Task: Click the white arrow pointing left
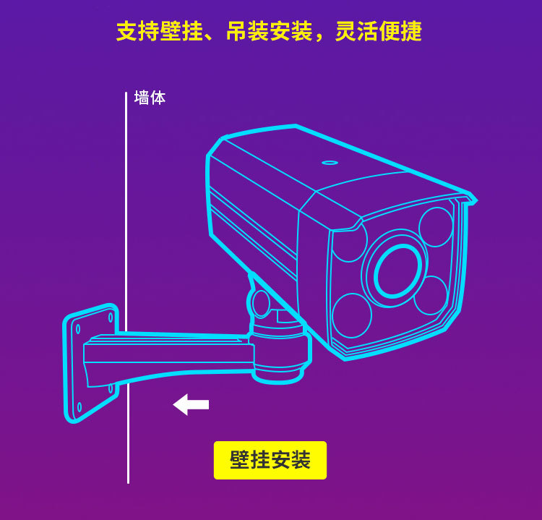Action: pyautogui.click(x=191, y=404)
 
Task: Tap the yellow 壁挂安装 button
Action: pyautogui.click(x=270, y=460)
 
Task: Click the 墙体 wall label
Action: pyautogui.click(x=150, y=98)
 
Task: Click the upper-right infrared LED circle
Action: pyautogui.click(x=436, y=227)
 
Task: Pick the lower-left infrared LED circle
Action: pyautogui.click(x=351, y=315)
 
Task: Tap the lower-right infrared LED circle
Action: pyautogui.click(x=431, y=295)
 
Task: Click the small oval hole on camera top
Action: pyautogui.click(x=330, y=163)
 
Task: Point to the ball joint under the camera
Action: pyautogui.click(x=261, y=304)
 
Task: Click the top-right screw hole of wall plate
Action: pyautogui.click(x=111, y=317)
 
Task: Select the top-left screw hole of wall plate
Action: pyautogui.click(x=78, y=328)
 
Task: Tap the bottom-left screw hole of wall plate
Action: pyautogui.click(x=79, y=407)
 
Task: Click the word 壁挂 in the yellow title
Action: pyautogui.click(x=181, y=31)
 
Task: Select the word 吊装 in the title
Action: pyautogui.click(x=247, y=31)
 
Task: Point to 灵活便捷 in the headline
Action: pyautogui.click(x=379, y=31)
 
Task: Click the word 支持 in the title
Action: pyautogui.click(x=137, y=31)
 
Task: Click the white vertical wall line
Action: pyautogui.click(x=127, y=287)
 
